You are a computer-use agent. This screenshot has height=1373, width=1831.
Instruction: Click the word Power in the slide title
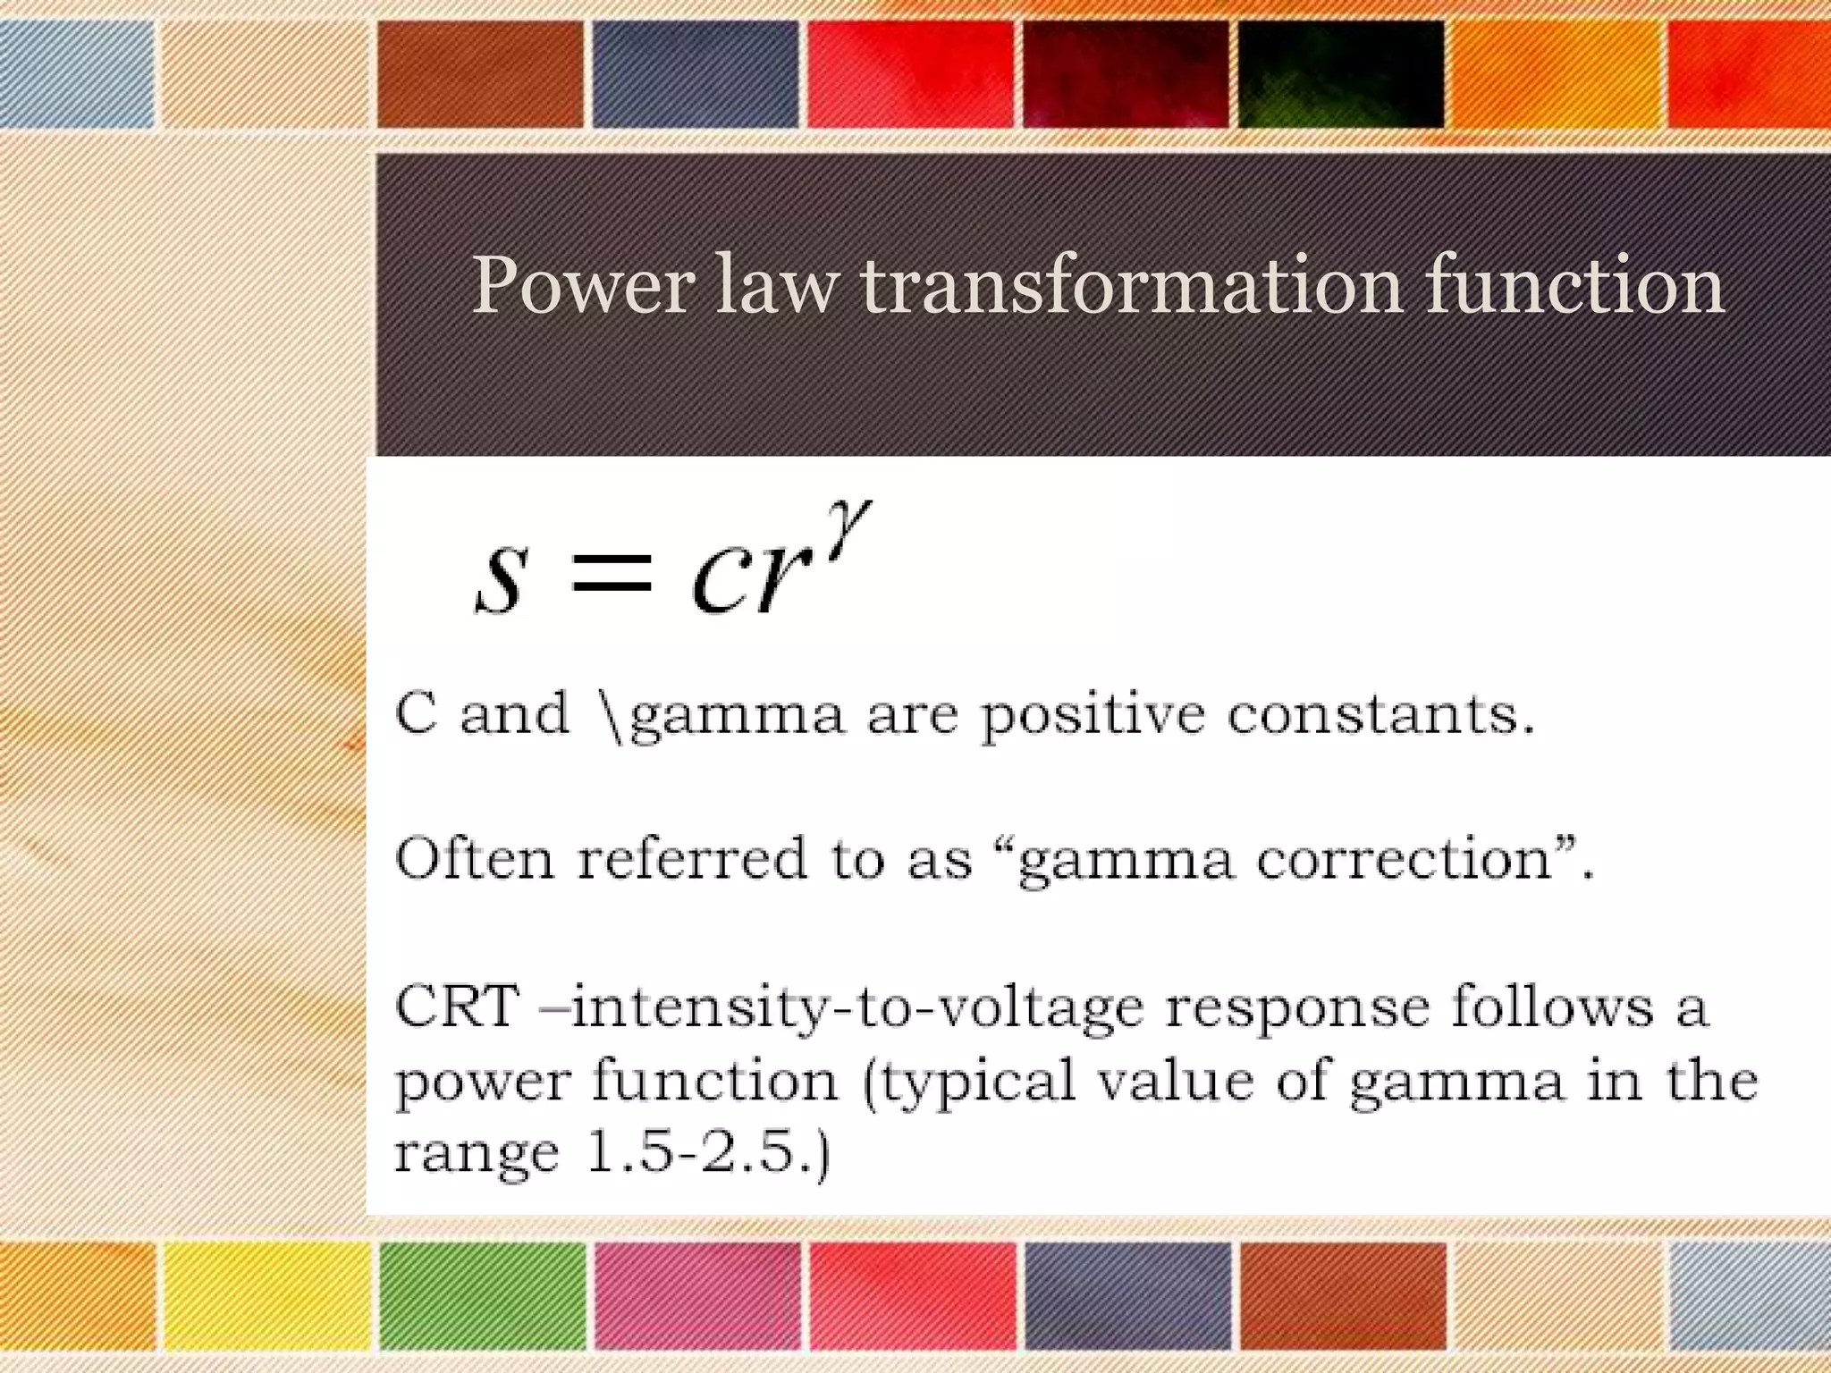[x=582, y=285]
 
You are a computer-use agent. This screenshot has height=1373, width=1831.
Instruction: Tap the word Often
[x=474, y=859]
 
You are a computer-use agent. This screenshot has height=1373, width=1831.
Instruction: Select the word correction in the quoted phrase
[x=1404, y=859]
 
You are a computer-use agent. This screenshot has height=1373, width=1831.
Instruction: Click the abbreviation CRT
[x=457, y=1006]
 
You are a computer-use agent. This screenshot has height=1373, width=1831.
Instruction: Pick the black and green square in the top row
[x=1341, y=74]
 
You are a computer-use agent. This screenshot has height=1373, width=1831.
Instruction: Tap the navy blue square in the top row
[x=696, y=74]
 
